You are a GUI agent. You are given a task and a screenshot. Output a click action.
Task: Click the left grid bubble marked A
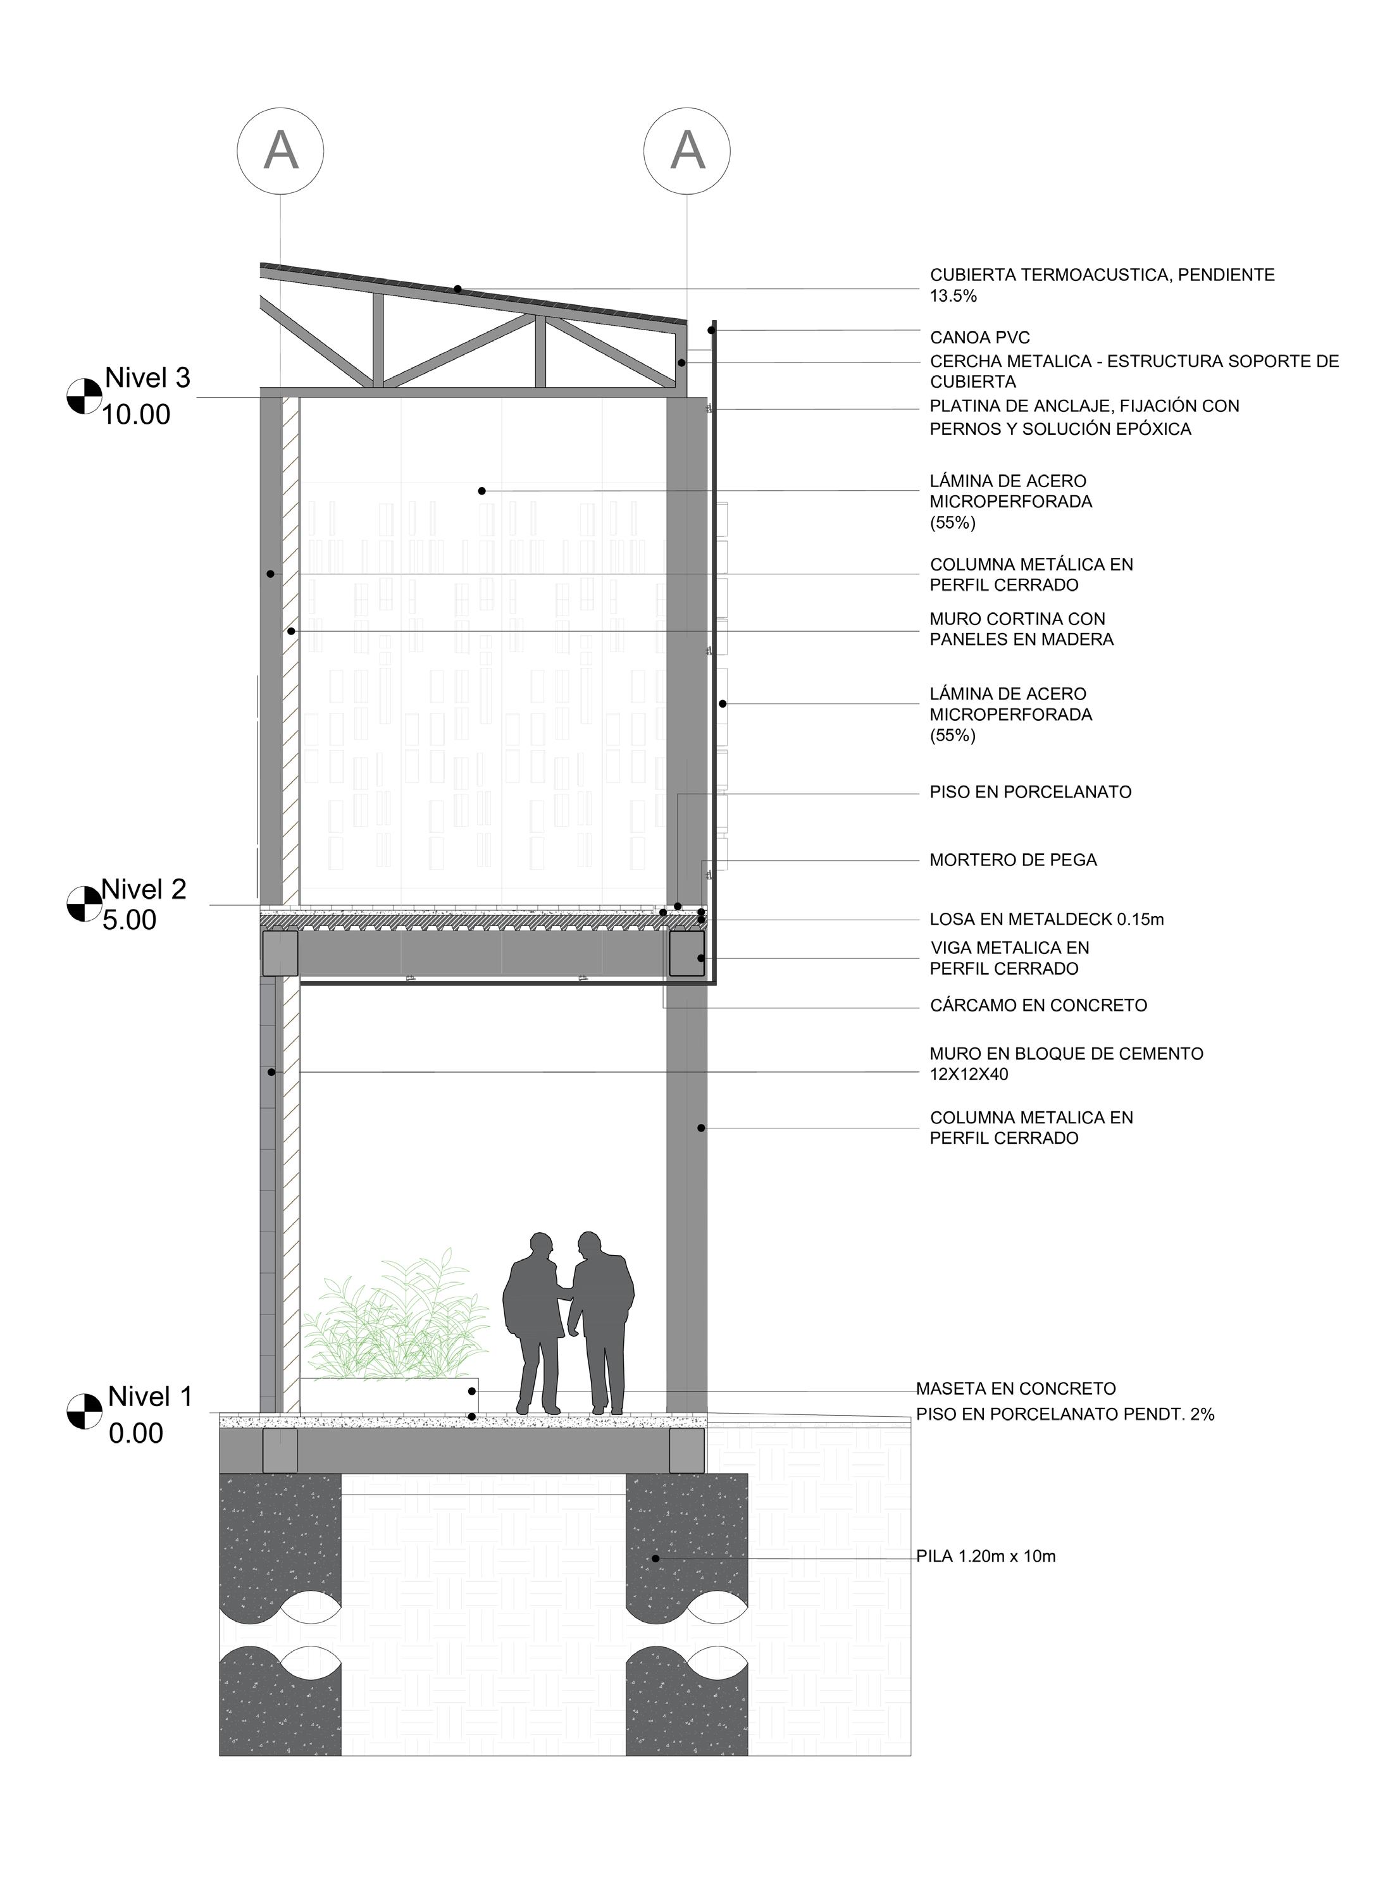pos(280,151)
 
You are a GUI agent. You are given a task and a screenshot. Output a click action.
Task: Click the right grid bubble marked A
pos(687,151)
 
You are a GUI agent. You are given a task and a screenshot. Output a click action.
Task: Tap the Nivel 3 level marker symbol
pos(84,395)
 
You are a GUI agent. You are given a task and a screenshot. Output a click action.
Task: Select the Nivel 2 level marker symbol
pos(84,904)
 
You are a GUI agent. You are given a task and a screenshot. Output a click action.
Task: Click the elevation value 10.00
pos(136,414)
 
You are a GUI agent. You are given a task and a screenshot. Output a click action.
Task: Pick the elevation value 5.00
pos(130,920)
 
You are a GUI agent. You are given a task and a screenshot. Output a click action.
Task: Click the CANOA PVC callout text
pos(979,338)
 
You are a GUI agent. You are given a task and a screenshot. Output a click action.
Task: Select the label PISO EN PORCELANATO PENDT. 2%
pos(1065,1414)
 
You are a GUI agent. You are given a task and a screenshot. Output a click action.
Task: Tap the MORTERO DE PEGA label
pos(1013,860)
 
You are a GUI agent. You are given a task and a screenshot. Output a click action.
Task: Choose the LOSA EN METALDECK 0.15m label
pos(1047,919)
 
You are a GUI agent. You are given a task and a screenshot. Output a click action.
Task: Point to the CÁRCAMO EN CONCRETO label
pos(1038,1005)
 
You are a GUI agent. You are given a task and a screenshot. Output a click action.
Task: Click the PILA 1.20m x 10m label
pos(986,1556)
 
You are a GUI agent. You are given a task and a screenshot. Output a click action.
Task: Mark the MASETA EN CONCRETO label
pos(1016,1388)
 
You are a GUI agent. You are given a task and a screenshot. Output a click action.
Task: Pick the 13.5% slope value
pos(954,296)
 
